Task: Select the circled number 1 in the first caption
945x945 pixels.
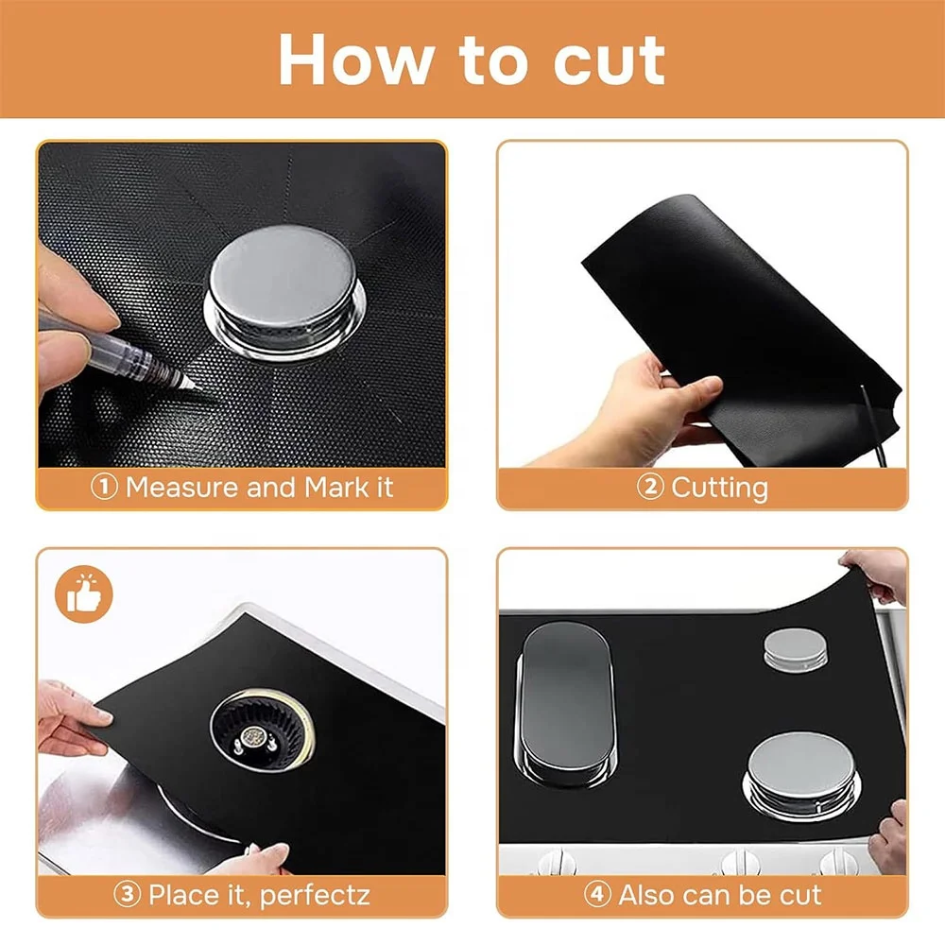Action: (x=104, y=489)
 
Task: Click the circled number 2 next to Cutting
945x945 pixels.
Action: (x=650, y=489)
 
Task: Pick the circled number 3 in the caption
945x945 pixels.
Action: (x=129, y=894)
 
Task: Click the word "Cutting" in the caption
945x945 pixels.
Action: (x=719, y=489)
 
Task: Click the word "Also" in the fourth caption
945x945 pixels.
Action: (x=652, y=894)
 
